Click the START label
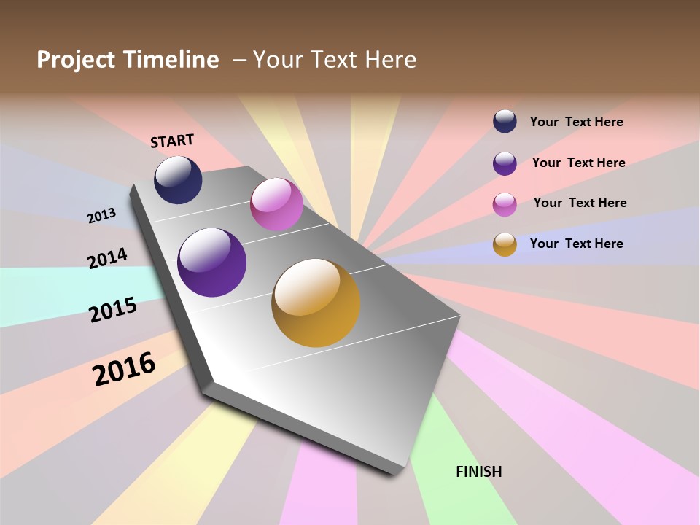click(172, 140)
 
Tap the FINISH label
click(478, 472)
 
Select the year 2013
click(101, 215)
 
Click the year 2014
click(107, 258)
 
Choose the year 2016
click(124, 368)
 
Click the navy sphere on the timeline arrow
click(178, 180)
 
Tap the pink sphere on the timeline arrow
click(276, 204)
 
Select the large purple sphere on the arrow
click(211, 262)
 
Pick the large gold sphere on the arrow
click(316, 303)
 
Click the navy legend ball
click(505, 121)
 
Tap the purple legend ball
click(505, 163)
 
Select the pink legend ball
click(505, 204)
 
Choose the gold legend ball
click(505, 244)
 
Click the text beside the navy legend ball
click(576, 122)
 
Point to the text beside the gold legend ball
click(576, 244)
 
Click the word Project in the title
click(77, 60)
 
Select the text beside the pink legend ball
click(580, 203)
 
